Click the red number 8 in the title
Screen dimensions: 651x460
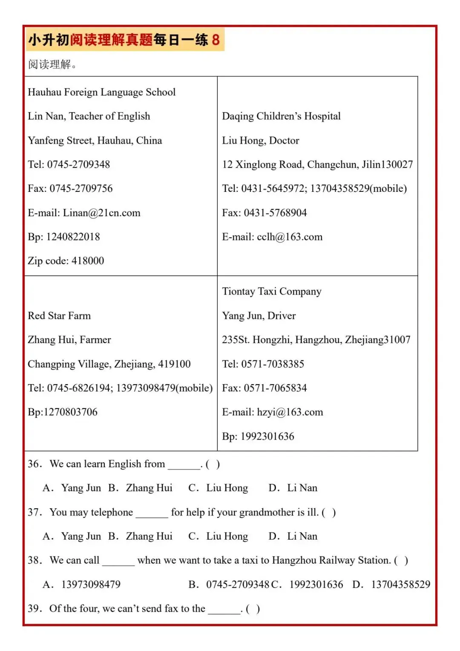216,40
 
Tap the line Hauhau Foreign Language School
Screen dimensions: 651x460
101,92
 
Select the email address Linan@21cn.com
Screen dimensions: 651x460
101,213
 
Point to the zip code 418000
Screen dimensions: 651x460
88,260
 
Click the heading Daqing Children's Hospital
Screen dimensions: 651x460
281,116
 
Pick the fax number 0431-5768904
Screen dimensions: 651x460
275,213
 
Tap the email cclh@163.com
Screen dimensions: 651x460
290,237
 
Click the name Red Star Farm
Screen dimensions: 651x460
59,315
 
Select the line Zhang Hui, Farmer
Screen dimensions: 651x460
69,340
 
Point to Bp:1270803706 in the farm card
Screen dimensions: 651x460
63,412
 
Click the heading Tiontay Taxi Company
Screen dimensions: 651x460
271,291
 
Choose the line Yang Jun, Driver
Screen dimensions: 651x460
259,315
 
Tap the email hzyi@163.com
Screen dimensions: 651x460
290,412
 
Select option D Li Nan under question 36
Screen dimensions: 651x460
293,488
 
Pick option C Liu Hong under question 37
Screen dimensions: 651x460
218,536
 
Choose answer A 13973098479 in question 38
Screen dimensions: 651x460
82,584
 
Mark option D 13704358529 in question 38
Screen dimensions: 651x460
391,584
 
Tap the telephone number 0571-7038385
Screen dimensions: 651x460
273,364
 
